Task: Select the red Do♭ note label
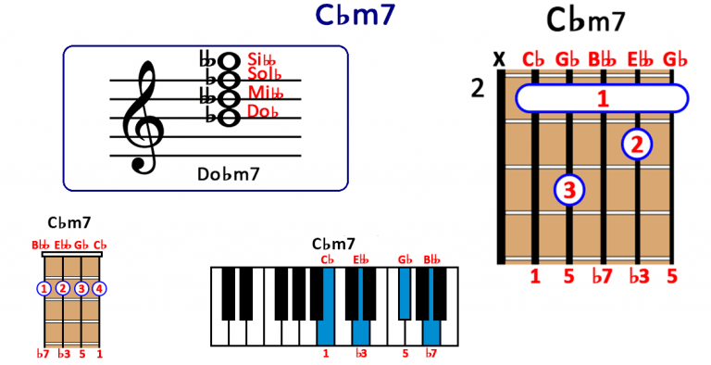tap(264, 112)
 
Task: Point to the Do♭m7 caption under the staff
tap(228, 173)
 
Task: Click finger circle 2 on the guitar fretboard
tap(637, 144)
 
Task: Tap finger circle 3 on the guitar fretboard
tap(569, 191)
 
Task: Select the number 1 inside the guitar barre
tap(603, 97)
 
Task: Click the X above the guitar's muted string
tap(500, 59)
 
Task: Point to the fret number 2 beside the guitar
tap(478, 89)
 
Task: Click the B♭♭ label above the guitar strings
tap(603, 60)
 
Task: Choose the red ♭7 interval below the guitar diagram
tap(603, 275)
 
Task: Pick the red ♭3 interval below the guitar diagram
tap(638, 275)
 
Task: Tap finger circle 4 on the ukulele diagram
tap(99, 288)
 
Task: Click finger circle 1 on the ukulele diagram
tap(44, 288)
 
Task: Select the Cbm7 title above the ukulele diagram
tap(69, 222)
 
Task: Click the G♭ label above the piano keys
tap(405, 259)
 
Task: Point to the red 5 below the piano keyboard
tap(405, 353)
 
